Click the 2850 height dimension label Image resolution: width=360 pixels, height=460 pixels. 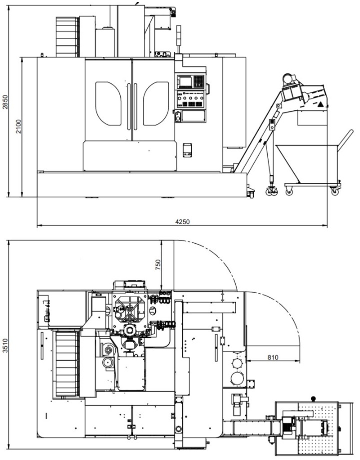[5, 101]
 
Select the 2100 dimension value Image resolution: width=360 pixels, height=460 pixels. [18, 126]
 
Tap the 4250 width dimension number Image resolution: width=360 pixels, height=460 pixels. [182, 222]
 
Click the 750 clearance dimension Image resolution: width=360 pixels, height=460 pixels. [158, 265]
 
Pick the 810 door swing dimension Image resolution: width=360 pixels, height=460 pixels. [273, 357]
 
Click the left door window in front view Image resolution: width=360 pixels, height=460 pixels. [108, 103]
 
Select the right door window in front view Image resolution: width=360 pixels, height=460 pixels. [156, 103]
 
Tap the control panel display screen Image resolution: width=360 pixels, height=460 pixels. [185, 81]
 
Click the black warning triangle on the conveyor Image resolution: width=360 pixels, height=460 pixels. [320, 104]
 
